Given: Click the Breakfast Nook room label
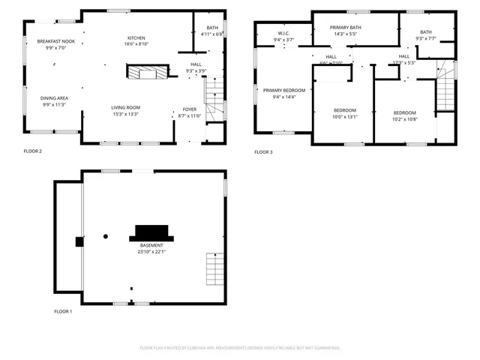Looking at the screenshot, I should pyautogui.click(x=52, y=41).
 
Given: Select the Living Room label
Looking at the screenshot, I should pyautogui.click(x=127, y=108).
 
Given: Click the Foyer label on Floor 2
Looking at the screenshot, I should pyautogui.click(x=190, y=109).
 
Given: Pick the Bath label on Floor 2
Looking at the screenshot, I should pyautogui.click(x=212, y=28).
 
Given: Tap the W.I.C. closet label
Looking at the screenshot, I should pyautogui.click(x=283, y=33).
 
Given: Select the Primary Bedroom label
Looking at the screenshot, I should pyautogui.click(x=283, y=90).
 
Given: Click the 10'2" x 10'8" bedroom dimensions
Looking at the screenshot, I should pyautogui.click(x=404, y=118).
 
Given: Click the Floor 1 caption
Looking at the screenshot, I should pyautogui.click(x=63, y=311).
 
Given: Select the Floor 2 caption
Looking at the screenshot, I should pyautogui.click(x=33, y=151).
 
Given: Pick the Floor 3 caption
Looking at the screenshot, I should pyautogui.click(x=263, y=152).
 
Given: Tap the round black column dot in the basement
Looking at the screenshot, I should pyautogui.click(x=106, y=236).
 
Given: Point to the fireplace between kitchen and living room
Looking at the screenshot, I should pyautogui.click(x=145, y=72).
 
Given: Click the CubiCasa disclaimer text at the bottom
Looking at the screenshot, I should pyautogui.click(x=240, y=348).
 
